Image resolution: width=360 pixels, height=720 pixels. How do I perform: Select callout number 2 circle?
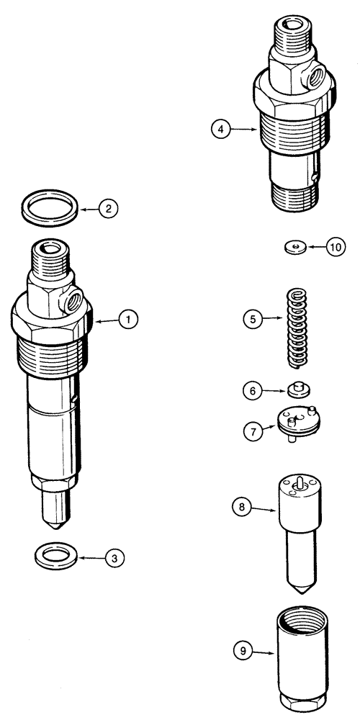107,210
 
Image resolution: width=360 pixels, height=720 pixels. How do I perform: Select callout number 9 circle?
242,652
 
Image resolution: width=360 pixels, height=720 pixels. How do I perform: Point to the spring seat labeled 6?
297,390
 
